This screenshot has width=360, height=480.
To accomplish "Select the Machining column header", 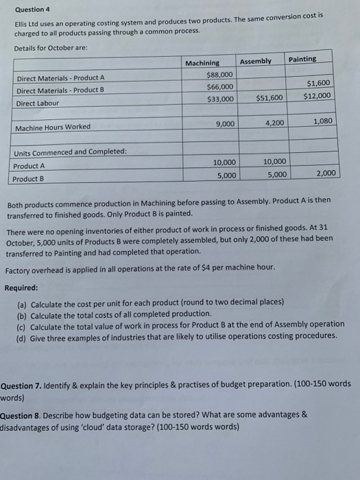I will pyautogui.click(x=203, y=64).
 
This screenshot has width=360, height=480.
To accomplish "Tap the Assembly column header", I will pyautogui.click(x=256, y=62).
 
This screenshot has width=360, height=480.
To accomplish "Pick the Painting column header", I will pyautogui.click(x=302, y=59).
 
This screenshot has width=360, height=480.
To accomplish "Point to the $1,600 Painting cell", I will pyautogui.click(x=318, y=83).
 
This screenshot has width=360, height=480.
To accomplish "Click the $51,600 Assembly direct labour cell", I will pyautogui.click(x=269, y=97).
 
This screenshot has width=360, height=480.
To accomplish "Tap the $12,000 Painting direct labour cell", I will pyautogui.click(x=317, y=95).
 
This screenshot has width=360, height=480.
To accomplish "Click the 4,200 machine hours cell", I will pyautogui.click(x=274, y=123).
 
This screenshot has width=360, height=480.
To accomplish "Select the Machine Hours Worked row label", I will pyautogui.click(x=53, y=127).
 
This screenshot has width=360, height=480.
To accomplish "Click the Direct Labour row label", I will pyautogui.click(x=38, y=103).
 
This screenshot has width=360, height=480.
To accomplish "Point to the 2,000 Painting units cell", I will pyautogui.click(x=326, y=173).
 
